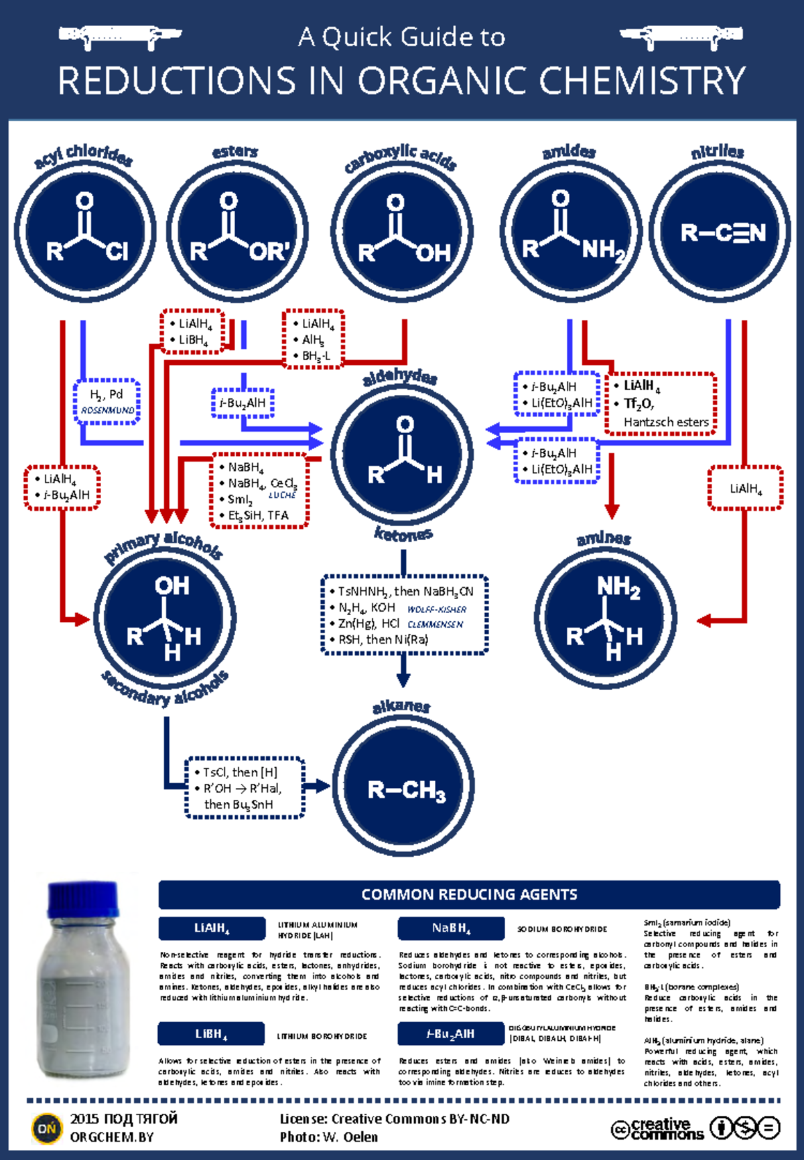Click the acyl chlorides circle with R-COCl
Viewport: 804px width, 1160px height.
[85, 231]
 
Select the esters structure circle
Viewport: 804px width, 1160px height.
[237, 231]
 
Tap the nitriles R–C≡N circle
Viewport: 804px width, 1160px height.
[720, 231]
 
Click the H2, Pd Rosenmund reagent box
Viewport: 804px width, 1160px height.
[107, 401]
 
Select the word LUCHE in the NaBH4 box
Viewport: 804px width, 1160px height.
[282, 495]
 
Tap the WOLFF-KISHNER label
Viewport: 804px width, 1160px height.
[437, 609]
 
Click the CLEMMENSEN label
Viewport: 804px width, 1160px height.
[435, 625]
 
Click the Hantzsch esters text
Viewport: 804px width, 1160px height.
[666, 422]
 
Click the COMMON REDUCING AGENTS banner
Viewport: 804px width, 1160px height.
[469, 894]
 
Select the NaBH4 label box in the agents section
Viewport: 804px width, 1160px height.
[451, 928]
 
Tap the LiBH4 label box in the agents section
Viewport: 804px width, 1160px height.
[211, 1034]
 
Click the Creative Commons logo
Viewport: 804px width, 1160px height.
[657, 1128]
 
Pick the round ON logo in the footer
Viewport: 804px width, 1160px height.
[47, 1129]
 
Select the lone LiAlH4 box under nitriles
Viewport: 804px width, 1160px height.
[745, 488]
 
